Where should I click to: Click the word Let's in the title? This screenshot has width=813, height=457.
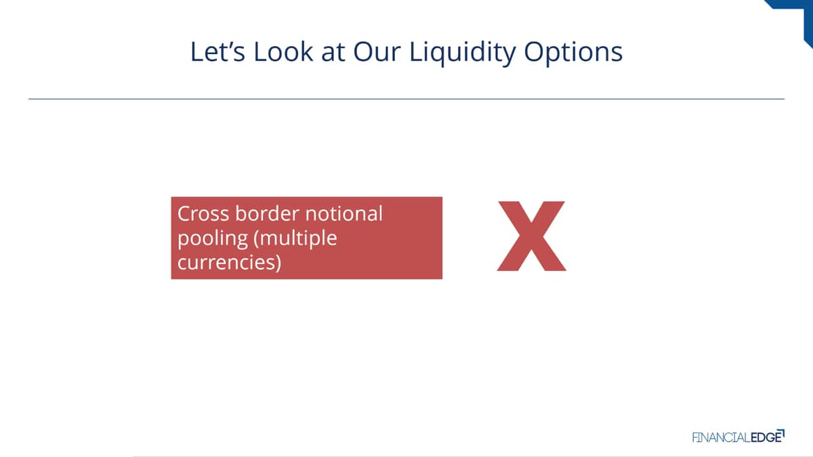[217, 51]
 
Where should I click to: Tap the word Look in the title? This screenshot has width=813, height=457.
[283, 51]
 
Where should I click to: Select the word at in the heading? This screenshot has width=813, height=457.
[333, 53]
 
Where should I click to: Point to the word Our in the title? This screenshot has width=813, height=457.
[377, 51]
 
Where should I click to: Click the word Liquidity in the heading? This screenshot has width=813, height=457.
[462, 53]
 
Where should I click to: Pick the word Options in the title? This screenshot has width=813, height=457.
[573, 53]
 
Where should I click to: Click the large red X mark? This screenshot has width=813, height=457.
[531, 236]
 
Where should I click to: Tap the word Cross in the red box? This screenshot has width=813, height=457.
[203, 213]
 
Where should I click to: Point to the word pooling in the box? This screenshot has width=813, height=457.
[213, 240]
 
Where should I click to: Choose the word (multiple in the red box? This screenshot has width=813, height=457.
[296, 238]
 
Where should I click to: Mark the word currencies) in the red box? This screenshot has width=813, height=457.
[230, 262]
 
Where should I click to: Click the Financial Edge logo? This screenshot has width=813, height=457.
[738, 436]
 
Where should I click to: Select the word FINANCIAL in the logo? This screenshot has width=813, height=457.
[721, 437]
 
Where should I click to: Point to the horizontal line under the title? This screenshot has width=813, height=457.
[406, 99]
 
